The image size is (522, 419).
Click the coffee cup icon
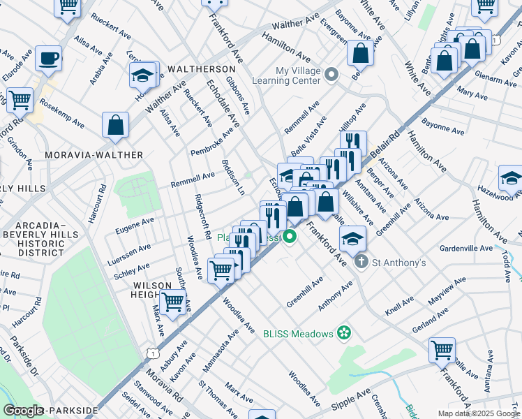click(x=48, y=59)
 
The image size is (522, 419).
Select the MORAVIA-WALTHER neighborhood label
click(x=94, y=154)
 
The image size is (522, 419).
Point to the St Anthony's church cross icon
click(x=361, y=263)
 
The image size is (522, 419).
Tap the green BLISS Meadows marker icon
click(x=343, y=333)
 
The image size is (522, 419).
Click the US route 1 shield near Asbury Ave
click(x=151, y=353)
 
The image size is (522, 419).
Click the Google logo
click(x=23, y=411)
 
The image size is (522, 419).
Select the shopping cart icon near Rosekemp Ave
click(x=20, y=99)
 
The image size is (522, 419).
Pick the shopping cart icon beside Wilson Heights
click(x=172, y=302)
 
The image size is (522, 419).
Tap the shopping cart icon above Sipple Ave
click(x=442, y=350)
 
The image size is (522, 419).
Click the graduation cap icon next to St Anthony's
click(x=353, y=238)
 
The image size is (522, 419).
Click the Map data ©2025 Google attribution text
click(x=478, y=413)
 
